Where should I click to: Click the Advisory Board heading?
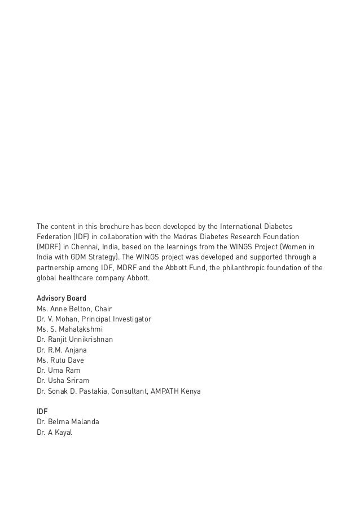point(61,298)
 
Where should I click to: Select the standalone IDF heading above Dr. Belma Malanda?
point(42,412)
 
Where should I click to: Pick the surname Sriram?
point(77,380)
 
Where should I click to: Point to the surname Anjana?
point(76,350)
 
